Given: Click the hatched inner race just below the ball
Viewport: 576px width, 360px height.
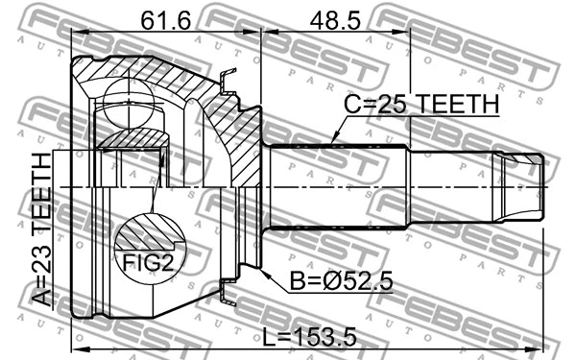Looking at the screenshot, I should pyautogui.click(x=132, y=140).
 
